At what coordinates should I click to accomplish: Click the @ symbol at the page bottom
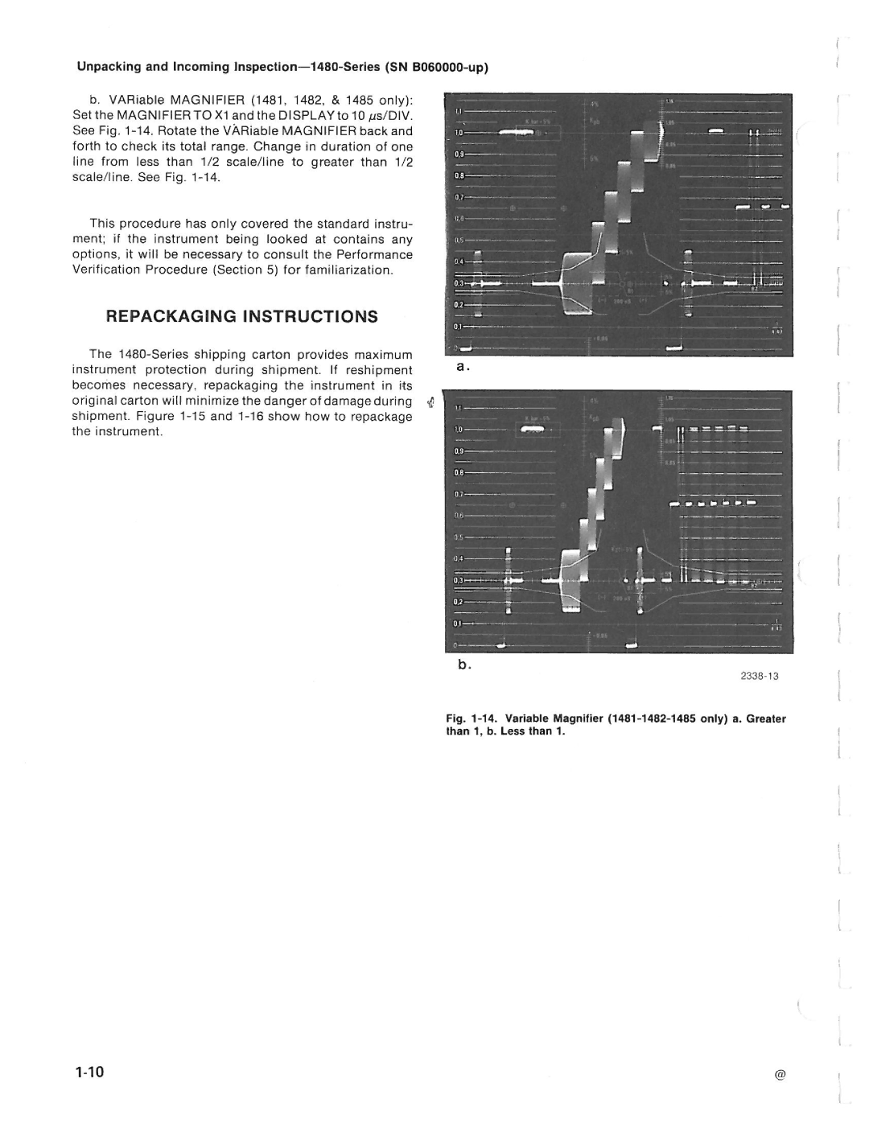tap(780, 1076)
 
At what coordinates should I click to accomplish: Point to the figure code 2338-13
tap(760, 677)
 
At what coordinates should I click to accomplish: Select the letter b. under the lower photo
tap(463, 665)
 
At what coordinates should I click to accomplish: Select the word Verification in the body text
tap(106, 270)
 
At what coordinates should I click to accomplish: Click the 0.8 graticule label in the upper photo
tap(459, 174)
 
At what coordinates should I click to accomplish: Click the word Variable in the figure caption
tap(528, 718)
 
